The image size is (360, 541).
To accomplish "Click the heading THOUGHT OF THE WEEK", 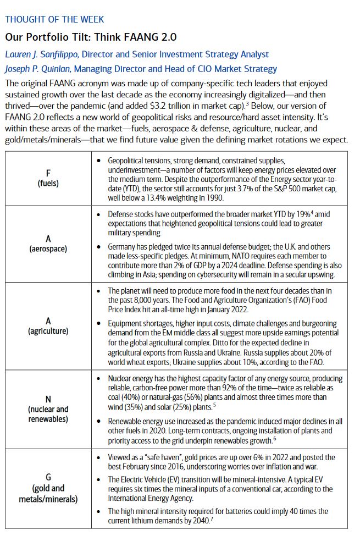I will point(54,19).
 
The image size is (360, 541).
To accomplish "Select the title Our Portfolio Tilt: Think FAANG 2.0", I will point(91,37).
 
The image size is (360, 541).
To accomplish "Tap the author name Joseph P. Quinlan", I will point(37,69).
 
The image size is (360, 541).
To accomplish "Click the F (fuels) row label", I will point(48,178).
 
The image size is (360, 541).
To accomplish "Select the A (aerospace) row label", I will point(48,244).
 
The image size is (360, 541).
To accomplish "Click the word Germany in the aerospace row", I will point(123,247).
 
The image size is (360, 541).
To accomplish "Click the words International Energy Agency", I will point(151,498).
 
